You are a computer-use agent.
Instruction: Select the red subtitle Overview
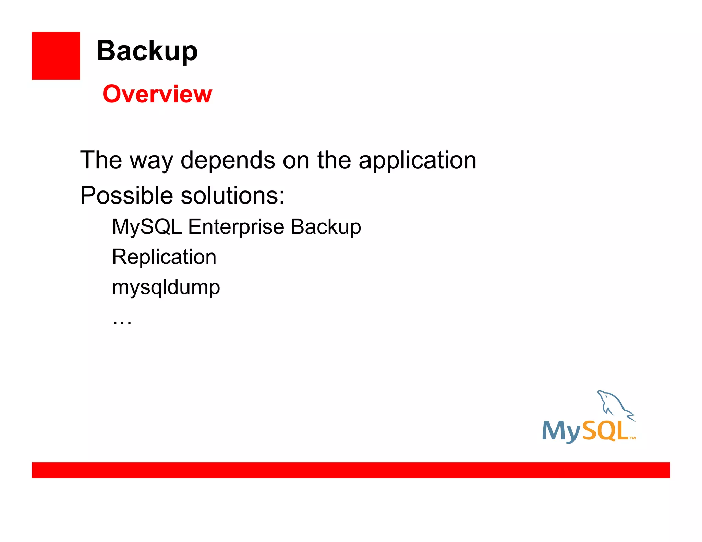point(157,94)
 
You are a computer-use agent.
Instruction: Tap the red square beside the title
point(56,56)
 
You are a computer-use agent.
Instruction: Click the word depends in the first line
point(228,160)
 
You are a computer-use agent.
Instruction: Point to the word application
point(417,160)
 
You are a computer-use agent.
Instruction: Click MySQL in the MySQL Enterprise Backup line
point(147,227)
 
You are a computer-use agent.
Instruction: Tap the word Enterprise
point(236,227)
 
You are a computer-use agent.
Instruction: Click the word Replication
point(164,257)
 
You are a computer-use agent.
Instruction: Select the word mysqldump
point(166,287)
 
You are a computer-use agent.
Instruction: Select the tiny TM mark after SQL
point(632,438)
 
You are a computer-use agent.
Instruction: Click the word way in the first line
point(151,161)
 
